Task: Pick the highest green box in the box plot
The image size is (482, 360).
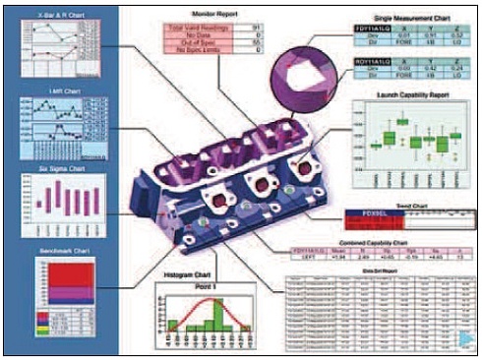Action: (x=401, y=122)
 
